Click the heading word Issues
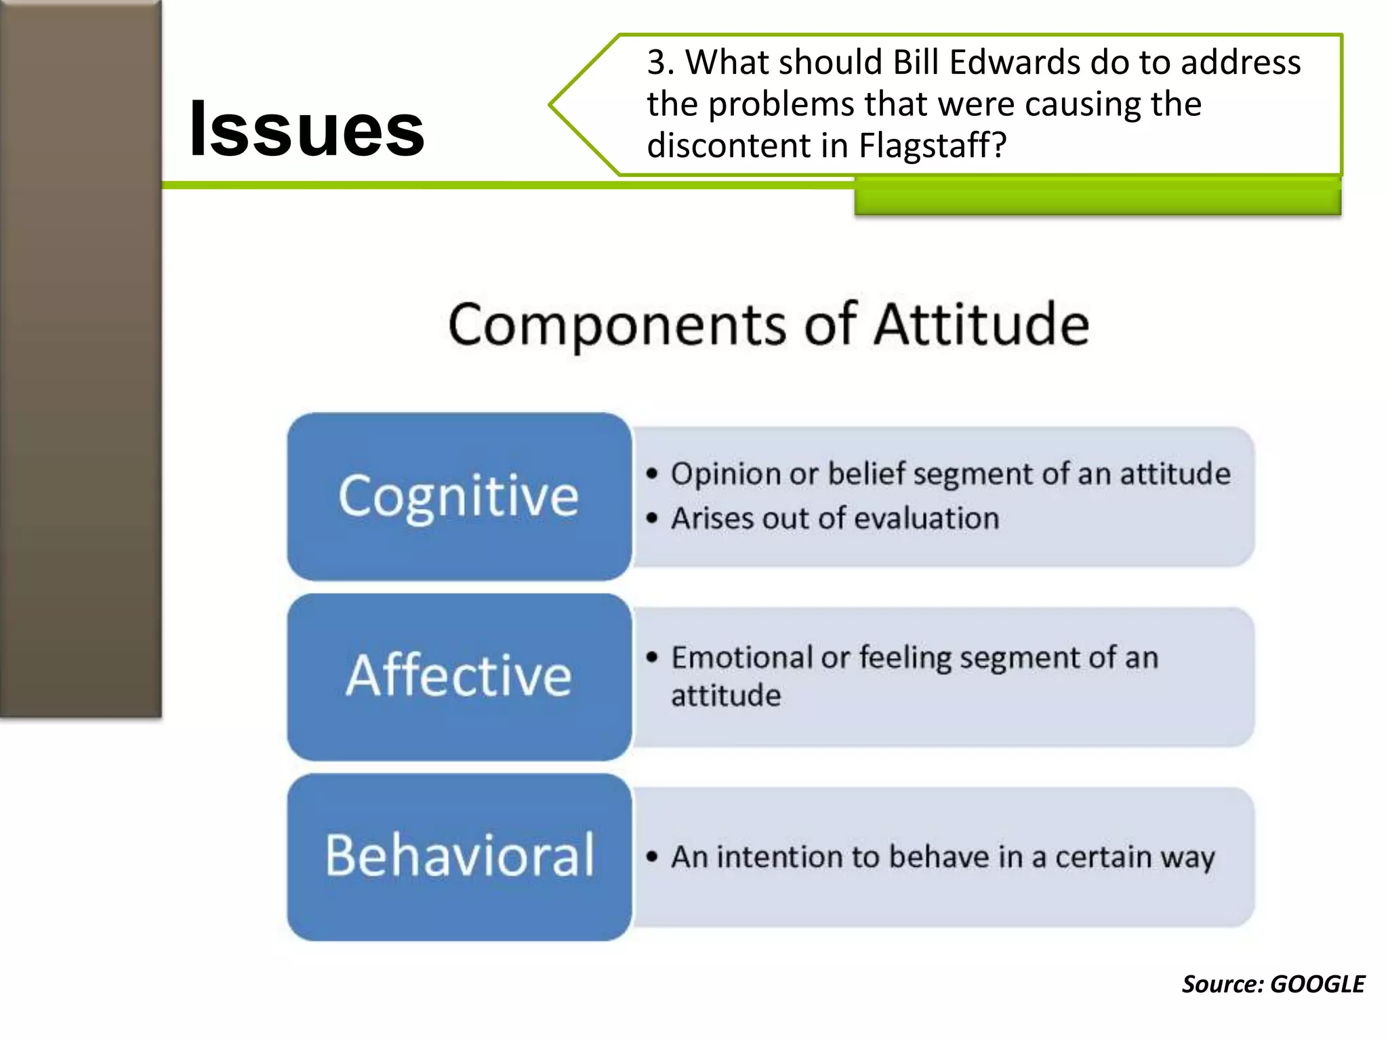point(306,129)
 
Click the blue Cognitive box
point(459,496)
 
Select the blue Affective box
point(459,676)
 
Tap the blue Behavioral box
point(459,857)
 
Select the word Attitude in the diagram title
point(981,325)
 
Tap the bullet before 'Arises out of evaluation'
point(652,519)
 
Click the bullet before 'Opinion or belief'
point(652,474)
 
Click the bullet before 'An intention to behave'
point(652,857)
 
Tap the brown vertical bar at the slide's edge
point(80,359)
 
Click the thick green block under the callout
point(1097,199)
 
